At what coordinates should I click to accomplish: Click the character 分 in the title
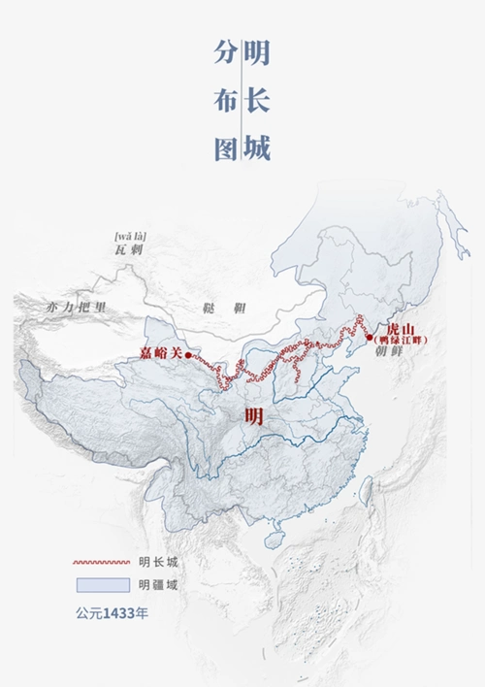tap(225, 54)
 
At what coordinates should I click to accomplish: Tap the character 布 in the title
tap(225, 102)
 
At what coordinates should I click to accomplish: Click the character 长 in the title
tap(257, 102)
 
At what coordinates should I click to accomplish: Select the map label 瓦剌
tap(129, 250)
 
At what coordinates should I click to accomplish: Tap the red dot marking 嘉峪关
tap(188, 355)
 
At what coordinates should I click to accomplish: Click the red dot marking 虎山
tap(369, 337)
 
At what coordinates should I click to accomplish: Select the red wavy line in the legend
tap(102, 562)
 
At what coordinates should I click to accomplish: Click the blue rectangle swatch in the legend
tap(102, 584)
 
